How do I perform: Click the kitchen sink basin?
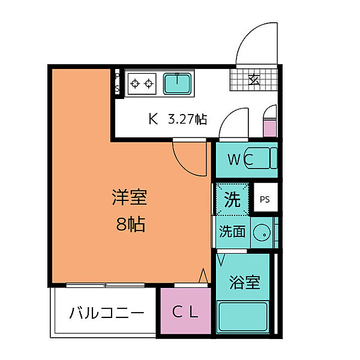coord(178,83)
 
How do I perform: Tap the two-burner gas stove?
coord(142,83)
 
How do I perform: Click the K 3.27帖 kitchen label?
coord(178,119)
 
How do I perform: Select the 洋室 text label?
coord(129,197)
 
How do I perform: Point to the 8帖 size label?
coord(130,225)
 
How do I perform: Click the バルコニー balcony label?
coord(106,313)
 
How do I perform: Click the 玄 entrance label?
coord(254,79)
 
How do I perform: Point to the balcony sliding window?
coord(106,284)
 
